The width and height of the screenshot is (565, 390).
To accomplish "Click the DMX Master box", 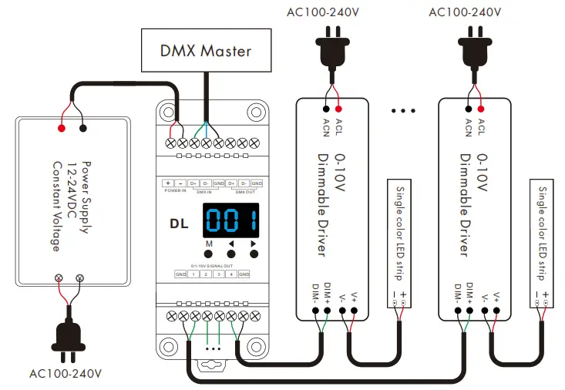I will pyautogui.click(x=205, y=51).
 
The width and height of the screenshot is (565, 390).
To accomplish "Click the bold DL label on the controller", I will pyautogui.click(x=180, y=224).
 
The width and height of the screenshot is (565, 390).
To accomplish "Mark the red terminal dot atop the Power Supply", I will pyautogui.click(x=61, y=128).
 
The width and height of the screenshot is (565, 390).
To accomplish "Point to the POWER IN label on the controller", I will pyautogui.click(x=174, y=190).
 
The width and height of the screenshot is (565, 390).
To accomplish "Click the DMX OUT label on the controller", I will pyautogui.click(x=244, y=190).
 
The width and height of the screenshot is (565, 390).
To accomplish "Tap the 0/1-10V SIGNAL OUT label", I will pyautogui.click(x=211, y=265).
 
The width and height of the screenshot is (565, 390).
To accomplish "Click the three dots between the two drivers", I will pyautogui.click(x=403, y=110).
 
